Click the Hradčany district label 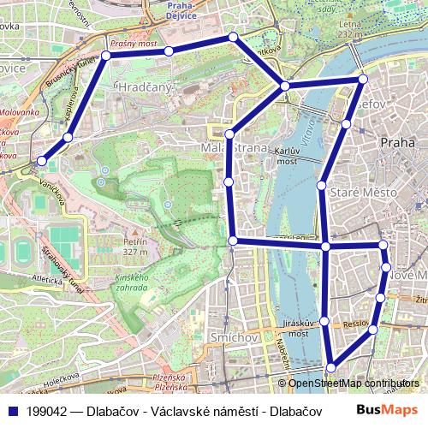coord(146,87)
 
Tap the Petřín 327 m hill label coord(135,247)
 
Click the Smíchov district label coord(234,338)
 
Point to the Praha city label coord(396,142)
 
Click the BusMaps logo coord(388,410)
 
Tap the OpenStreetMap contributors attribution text coord(354,383)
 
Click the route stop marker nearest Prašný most coord(168,51)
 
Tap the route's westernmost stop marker coord(41,160)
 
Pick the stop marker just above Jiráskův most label coord(324,321)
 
